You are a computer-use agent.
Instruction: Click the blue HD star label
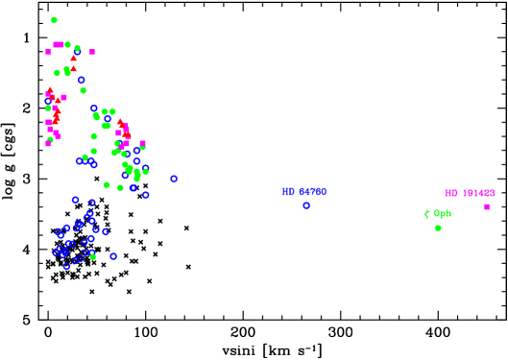click(303, 192)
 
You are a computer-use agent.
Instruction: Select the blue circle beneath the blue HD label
click(306, 205)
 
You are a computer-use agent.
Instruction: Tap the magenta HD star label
click(470, 194)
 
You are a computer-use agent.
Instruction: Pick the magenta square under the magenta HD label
click(486, 206)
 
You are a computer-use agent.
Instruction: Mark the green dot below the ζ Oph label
click(438, 228)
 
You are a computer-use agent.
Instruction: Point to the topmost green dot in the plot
click(54, 20)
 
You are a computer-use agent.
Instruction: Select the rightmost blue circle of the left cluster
click(174, 179)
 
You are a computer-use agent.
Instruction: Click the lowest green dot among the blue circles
click(93, 256)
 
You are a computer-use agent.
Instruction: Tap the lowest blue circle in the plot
click(66, 266)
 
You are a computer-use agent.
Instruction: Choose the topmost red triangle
click(74, 58)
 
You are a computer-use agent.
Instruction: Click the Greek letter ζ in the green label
click(427, 214)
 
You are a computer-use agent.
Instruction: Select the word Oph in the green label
click(442, 214)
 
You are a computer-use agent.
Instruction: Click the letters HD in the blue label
click(288, 192)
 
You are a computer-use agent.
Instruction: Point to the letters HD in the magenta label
click(451, 194)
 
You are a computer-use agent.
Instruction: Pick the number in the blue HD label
click(312, 192)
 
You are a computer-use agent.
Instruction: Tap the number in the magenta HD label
click(478, 194)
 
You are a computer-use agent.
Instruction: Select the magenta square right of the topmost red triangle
click(92, 52)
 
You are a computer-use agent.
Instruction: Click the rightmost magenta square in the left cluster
click(142, 144)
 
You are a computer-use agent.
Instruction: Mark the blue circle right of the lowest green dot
click(113, 256)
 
